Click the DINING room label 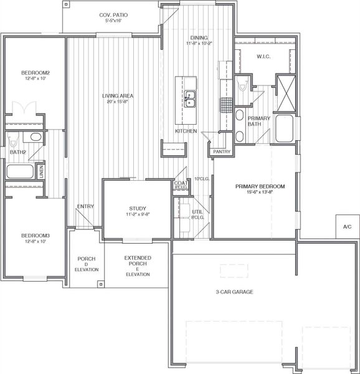click(x=199, y=38)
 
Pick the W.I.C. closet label click(x=264, y=57)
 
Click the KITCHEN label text click(x=186, y=132)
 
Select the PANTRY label click(x=222, y=151)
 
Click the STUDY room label click(x=137, y=209)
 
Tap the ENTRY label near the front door click(x=85, y=206)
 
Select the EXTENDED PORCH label click(x=137, y=261)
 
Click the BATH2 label click(x=17, y=151)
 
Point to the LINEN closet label click(x=41, y=171)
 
